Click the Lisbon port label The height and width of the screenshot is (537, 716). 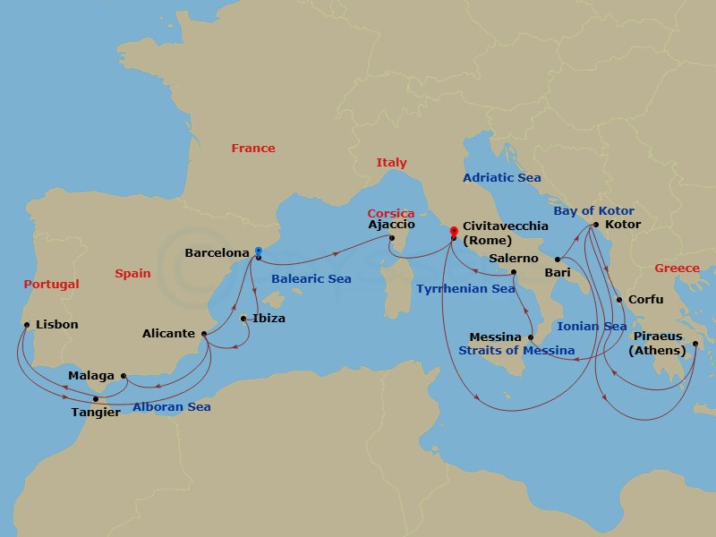(x=57, y=325)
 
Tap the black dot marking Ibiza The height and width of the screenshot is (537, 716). (x=243, y=318)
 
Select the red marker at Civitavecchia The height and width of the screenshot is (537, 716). (x=454, y=230)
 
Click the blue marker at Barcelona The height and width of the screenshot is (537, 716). (x=258, y=251)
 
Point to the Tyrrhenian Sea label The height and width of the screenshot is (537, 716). (x=465, y=289)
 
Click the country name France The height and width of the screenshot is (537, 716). (x=253, y=149)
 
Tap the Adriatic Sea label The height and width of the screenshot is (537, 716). (x=502, y=178)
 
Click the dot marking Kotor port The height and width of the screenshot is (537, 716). (x=596, y=226)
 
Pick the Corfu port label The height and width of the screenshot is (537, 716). (x=646, y=300)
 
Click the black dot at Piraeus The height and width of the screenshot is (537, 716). (x=695, y=343)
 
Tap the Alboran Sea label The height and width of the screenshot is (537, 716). (x=172, y=407)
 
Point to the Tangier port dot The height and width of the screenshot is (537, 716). (x=96, y=399)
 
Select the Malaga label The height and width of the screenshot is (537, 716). (x=91, y=376)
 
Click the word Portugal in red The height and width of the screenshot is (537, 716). (x=52, y=285)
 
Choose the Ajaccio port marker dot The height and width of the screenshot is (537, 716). (x=392, y=237)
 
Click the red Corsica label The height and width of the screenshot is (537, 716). (x=391, y=214)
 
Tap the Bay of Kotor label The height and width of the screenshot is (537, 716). (x=593, y=210)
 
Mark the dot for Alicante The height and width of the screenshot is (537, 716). (x=205, y=335)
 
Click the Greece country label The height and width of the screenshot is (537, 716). (x=678, y=268)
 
